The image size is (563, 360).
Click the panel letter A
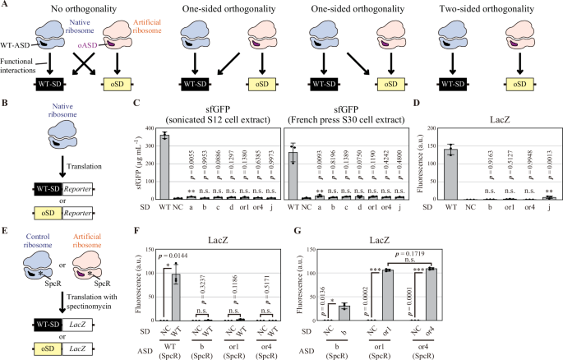point(5,6)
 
